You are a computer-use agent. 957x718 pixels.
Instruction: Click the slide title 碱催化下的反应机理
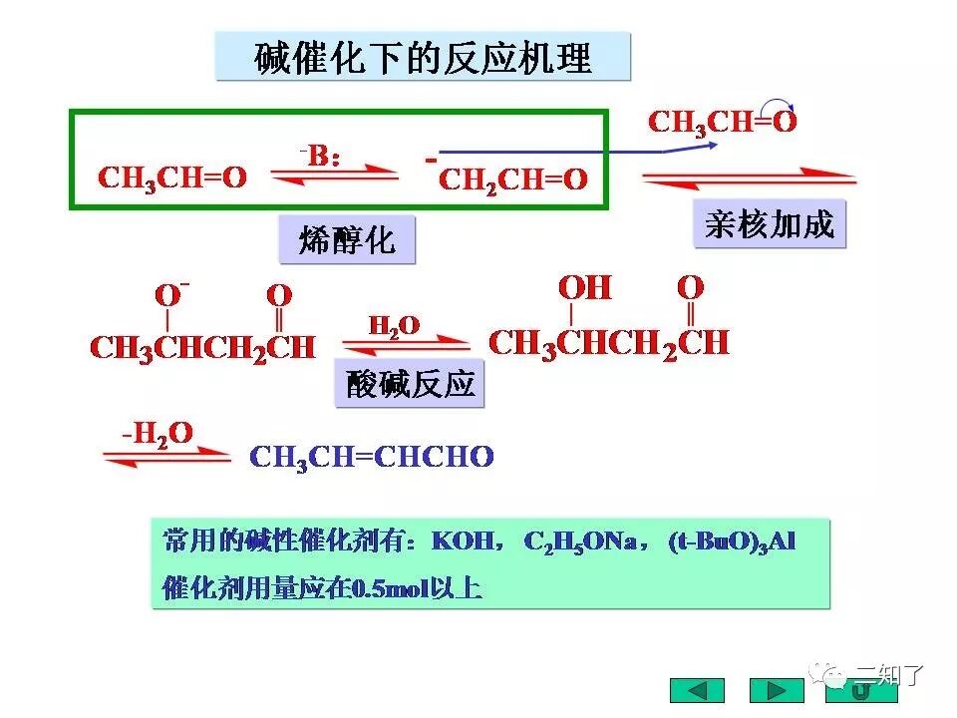(423, 57)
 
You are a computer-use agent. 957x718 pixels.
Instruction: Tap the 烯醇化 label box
(346, 240)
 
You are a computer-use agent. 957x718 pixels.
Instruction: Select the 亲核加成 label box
(769, 224)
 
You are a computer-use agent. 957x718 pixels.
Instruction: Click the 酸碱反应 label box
(410, 384)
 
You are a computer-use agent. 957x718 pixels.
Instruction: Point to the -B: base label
(321, 156)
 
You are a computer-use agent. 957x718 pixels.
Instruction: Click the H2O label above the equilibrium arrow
(394, 326)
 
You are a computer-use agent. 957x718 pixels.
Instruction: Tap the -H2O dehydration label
(157, 433)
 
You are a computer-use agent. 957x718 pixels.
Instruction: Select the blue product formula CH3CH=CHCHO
(371, 458)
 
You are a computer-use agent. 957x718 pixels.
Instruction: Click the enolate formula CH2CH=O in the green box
(511, 179)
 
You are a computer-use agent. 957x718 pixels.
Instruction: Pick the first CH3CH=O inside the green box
(171, 179)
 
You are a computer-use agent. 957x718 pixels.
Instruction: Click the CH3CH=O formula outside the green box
(722, 123)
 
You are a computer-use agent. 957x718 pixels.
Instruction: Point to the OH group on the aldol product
(584, 288)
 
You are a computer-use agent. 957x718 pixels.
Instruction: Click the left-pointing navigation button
(697, 690)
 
